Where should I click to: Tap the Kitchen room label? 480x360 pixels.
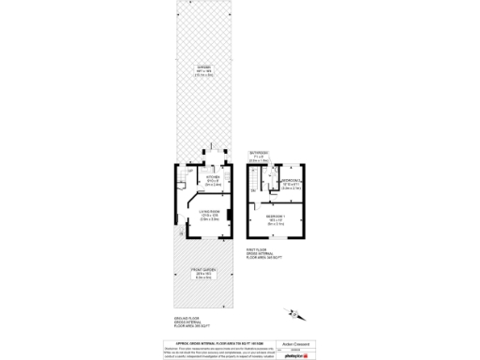point(213,180)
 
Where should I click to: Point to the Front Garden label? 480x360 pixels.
point(203,276)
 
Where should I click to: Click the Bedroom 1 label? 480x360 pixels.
point(276,219)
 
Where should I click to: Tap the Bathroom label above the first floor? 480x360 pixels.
point(259,155)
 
